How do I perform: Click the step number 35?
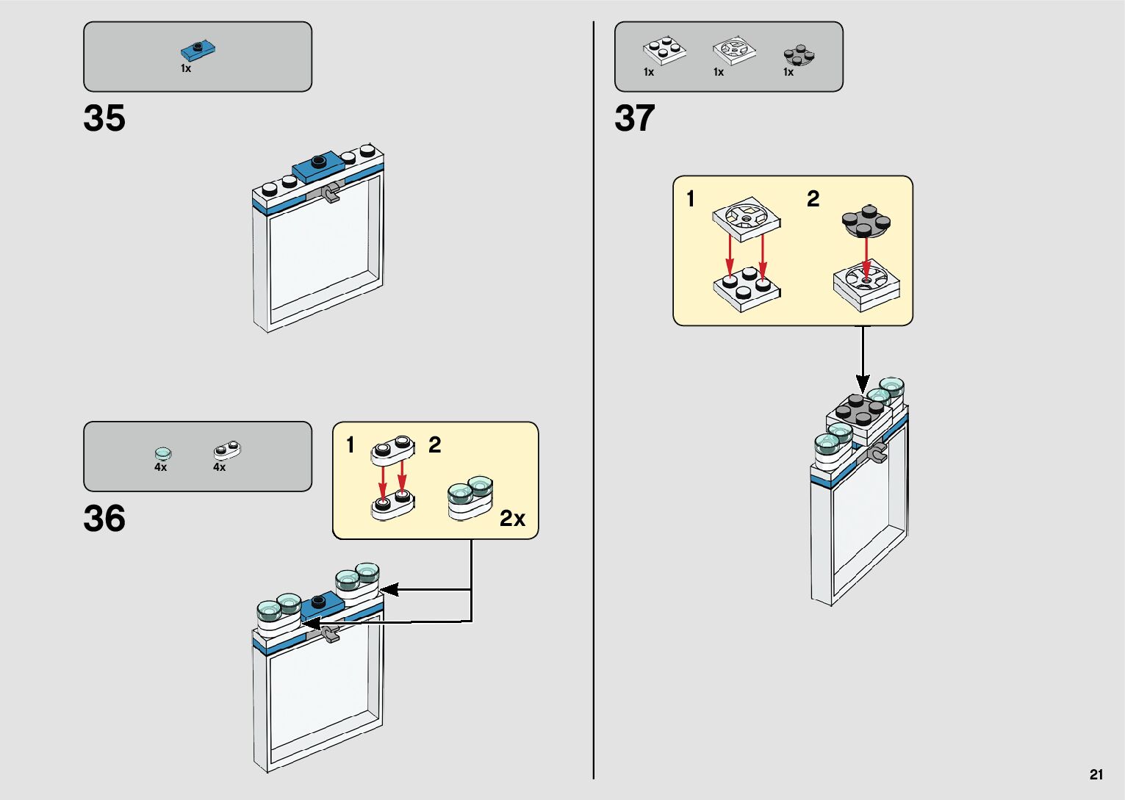(104, 118)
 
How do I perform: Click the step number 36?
(104, 519)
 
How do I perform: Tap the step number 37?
(635, 118)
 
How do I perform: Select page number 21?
(1096, 774)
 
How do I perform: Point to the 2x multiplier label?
(512, 519)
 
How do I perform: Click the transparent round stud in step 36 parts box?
(163, 453)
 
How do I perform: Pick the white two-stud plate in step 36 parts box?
(228, 450)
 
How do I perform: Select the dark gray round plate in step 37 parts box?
(799, 55)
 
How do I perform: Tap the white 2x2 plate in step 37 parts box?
(664, 51)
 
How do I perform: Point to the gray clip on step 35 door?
(331, 193)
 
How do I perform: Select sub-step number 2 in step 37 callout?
(813, 199)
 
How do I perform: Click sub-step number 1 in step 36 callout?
(351, 445)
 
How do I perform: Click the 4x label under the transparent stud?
(160, 467)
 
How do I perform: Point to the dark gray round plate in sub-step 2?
(866, 222)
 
